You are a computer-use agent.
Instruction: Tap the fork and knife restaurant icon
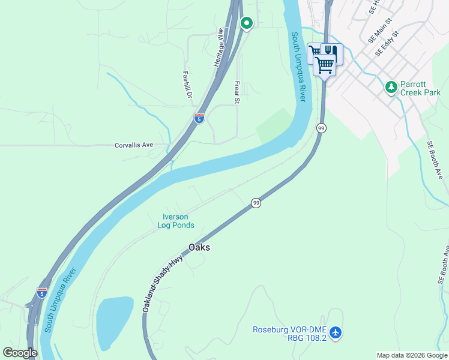click(332, 53)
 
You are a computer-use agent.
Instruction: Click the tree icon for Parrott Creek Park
click(391, 88)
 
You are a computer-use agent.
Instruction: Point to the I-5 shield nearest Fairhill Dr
click(199, 118)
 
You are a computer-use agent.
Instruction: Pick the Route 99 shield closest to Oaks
click(256, 203)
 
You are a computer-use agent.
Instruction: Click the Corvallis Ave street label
click(134, 145)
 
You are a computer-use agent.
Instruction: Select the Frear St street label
click(237, 94)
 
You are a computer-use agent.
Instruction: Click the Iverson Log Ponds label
click(175, 221)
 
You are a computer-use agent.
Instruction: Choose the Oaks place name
click(199, 247)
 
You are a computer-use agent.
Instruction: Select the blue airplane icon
click(336, 332)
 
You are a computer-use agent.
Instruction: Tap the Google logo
click(20, 353)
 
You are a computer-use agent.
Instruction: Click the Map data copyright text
click(412, 355)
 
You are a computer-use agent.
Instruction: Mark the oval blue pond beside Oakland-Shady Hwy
click(113, 322)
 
